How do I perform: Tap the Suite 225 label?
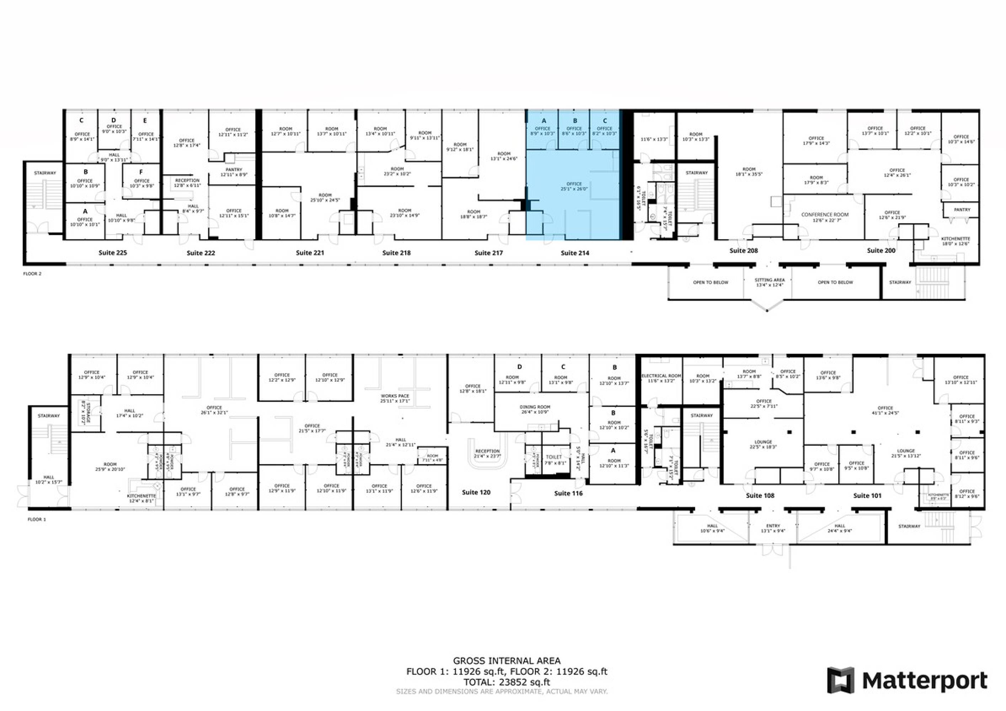coord(113,253)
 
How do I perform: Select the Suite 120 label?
coord(476,492)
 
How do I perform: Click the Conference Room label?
coord(825,215)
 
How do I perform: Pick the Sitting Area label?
coord(770,280)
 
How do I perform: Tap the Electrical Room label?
coord(661,376)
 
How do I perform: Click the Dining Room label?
coord(534,407)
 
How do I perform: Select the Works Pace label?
coord(395,396)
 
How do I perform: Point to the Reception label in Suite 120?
coord(487,451)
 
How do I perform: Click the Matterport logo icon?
coord(840,680)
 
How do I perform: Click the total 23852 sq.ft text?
coord(506,682)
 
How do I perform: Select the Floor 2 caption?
coord(32,274)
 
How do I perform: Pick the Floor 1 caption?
coord(37,519)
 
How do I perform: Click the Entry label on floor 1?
coord(773,526)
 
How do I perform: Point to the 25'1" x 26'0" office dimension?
coord(574,189)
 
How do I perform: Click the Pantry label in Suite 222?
coord(234,170)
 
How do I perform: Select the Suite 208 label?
coord(743,251)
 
